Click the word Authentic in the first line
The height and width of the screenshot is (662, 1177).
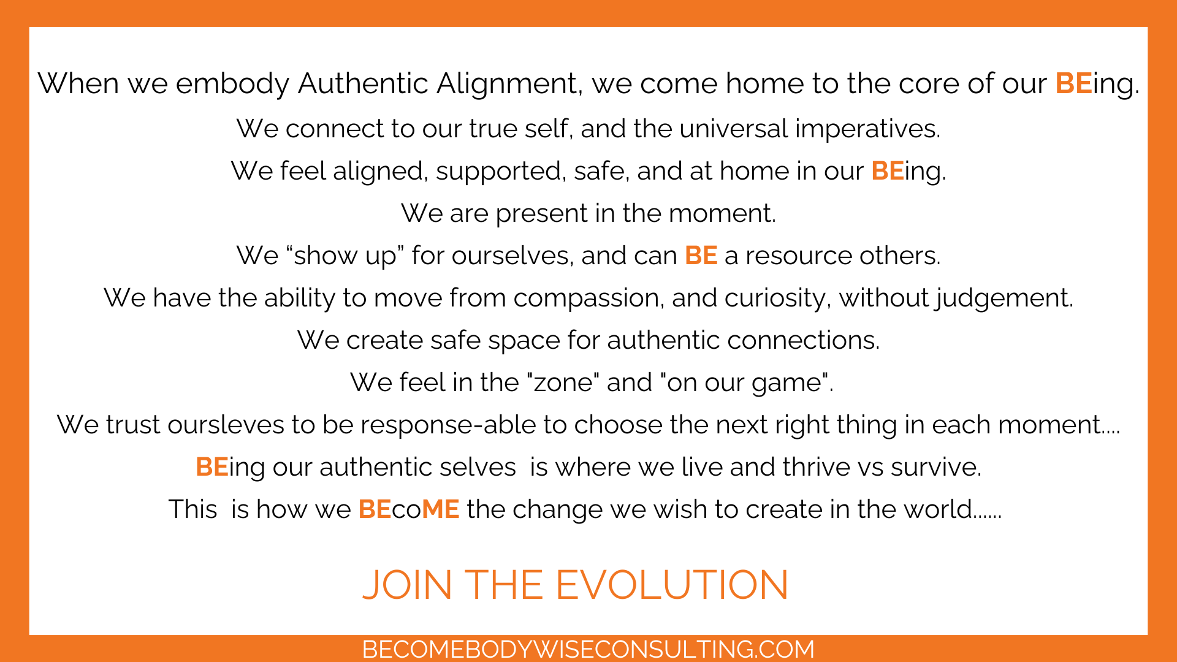click(x=363, y=83)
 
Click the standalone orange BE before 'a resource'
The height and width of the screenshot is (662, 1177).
click(x=701, y=256)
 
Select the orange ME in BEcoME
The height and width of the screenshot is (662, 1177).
click(x=440, y=509)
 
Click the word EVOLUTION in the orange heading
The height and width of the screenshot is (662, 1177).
click(x=672, y=585)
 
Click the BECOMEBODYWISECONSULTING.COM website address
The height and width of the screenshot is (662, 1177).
click(x=588, y=649)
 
